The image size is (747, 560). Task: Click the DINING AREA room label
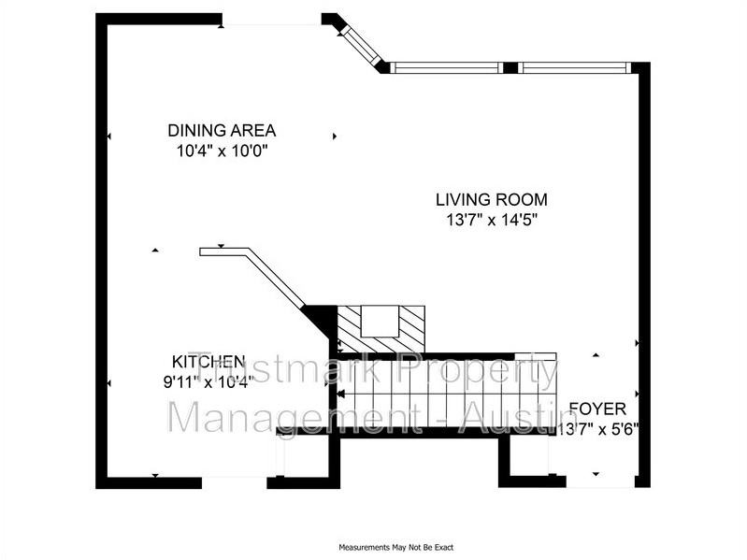click(222, 131)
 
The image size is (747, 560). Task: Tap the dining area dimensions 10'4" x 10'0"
click(222, 150)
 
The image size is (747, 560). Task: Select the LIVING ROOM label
click(491, 199)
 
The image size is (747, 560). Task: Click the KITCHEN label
click(208, 362)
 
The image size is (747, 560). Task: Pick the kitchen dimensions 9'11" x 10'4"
click(208, 381)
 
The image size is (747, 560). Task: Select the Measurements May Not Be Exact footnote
click(395, 547)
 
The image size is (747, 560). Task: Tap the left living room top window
click(446, 67)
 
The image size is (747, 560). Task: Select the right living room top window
click(574, 67)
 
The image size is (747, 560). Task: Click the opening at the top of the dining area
click(271, 21)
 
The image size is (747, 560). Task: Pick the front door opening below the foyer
click(598, 481)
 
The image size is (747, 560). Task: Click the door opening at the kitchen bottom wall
click(234, 481)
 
